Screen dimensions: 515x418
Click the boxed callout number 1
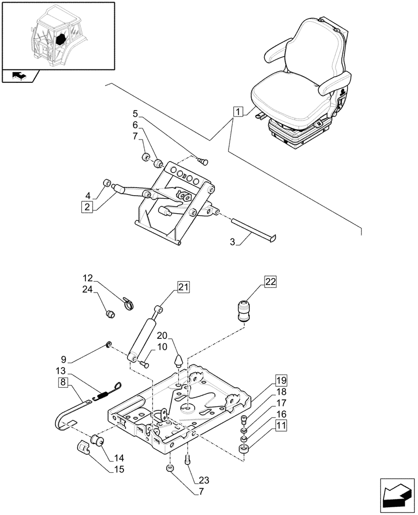[x=237, y=111]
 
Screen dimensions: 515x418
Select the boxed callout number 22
[x=271, y=281]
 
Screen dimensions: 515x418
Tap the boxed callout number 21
[x=184, y=287]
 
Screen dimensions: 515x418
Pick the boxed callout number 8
[x=63, y=382]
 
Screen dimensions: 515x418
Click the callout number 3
[x=233, y=242]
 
